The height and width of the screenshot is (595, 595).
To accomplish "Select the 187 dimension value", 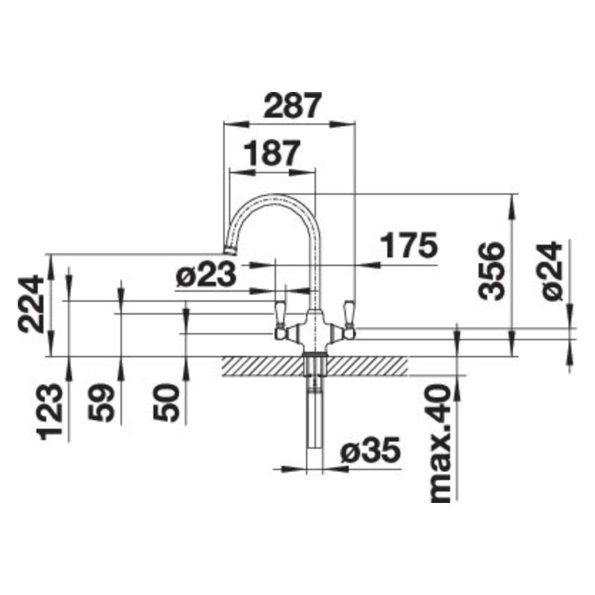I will tap(271, 152).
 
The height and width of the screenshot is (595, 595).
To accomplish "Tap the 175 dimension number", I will tap(408, 247).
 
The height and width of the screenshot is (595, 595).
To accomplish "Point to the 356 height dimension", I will tap(491, 271).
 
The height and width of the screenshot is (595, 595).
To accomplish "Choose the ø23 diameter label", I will tap(205, 275).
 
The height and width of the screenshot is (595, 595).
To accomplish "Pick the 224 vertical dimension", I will tap(31, 304).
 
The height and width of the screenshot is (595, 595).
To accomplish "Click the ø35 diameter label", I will tap(370, 452).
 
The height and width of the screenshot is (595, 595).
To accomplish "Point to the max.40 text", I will tap(440, 444).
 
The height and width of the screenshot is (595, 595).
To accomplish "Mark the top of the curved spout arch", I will tap(273, 195).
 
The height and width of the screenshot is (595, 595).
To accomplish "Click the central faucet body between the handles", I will tap(314, 328).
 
